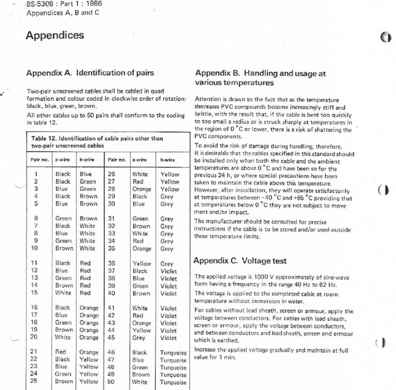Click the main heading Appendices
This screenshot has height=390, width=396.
tap(54, 36)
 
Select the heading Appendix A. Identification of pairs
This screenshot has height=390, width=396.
tap(90, 73)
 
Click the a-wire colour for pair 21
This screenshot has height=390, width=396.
tap(60, 351)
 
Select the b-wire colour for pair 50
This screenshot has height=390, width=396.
tap(172, 382)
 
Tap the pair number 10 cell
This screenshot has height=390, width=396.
tap(35, 248)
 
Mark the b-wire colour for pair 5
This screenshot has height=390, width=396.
tap(89, 204)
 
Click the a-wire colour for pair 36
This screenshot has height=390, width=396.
tap(141, 263)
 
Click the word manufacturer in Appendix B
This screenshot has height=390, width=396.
tap(226, 221)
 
